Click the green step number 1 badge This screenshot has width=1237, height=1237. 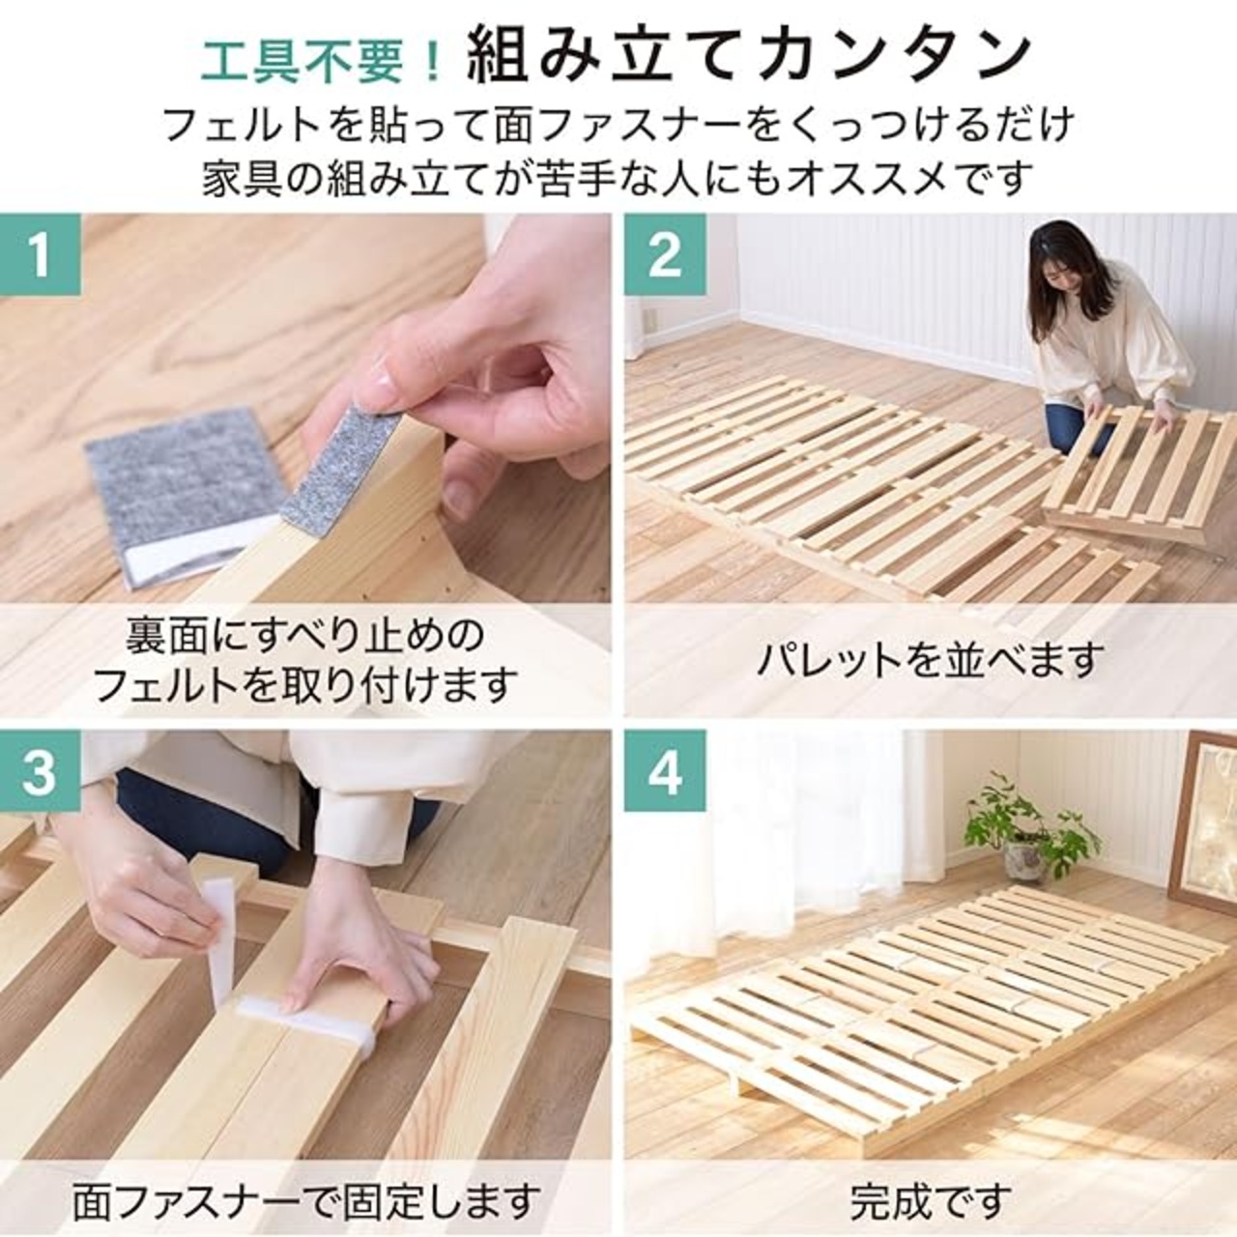(41, 254)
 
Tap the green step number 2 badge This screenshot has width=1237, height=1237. (665, 254)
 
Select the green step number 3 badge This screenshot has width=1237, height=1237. (41, 771)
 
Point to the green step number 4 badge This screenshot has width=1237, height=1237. (665, 771)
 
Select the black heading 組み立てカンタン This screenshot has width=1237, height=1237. (749, 62)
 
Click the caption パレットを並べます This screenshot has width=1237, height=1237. (930, 659)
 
